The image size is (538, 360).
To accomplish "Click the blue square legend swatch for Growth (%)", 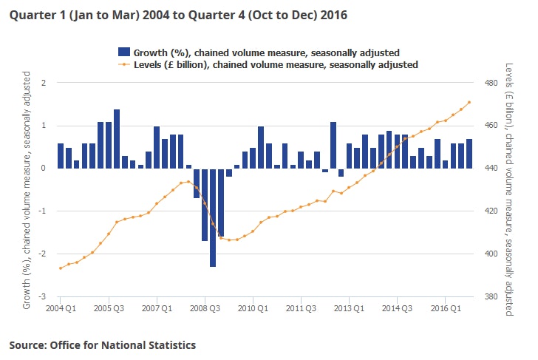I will tap(124, 52).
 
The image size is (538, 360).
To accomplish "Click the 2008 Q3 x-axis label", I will tap(205, 307).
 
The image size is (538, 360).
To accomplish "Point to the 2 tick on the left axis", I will tap(42, 83).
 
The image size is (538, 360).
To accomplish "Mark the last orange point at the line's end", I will tap(469, 103).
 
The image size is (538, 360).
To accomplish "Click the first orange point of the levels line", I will tap(61, 268).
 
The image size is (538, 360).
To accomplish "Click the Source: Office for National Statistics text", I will tap(103, 344).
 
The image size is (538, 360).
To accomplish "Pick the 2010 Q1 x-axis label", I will tap(253, 307).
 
